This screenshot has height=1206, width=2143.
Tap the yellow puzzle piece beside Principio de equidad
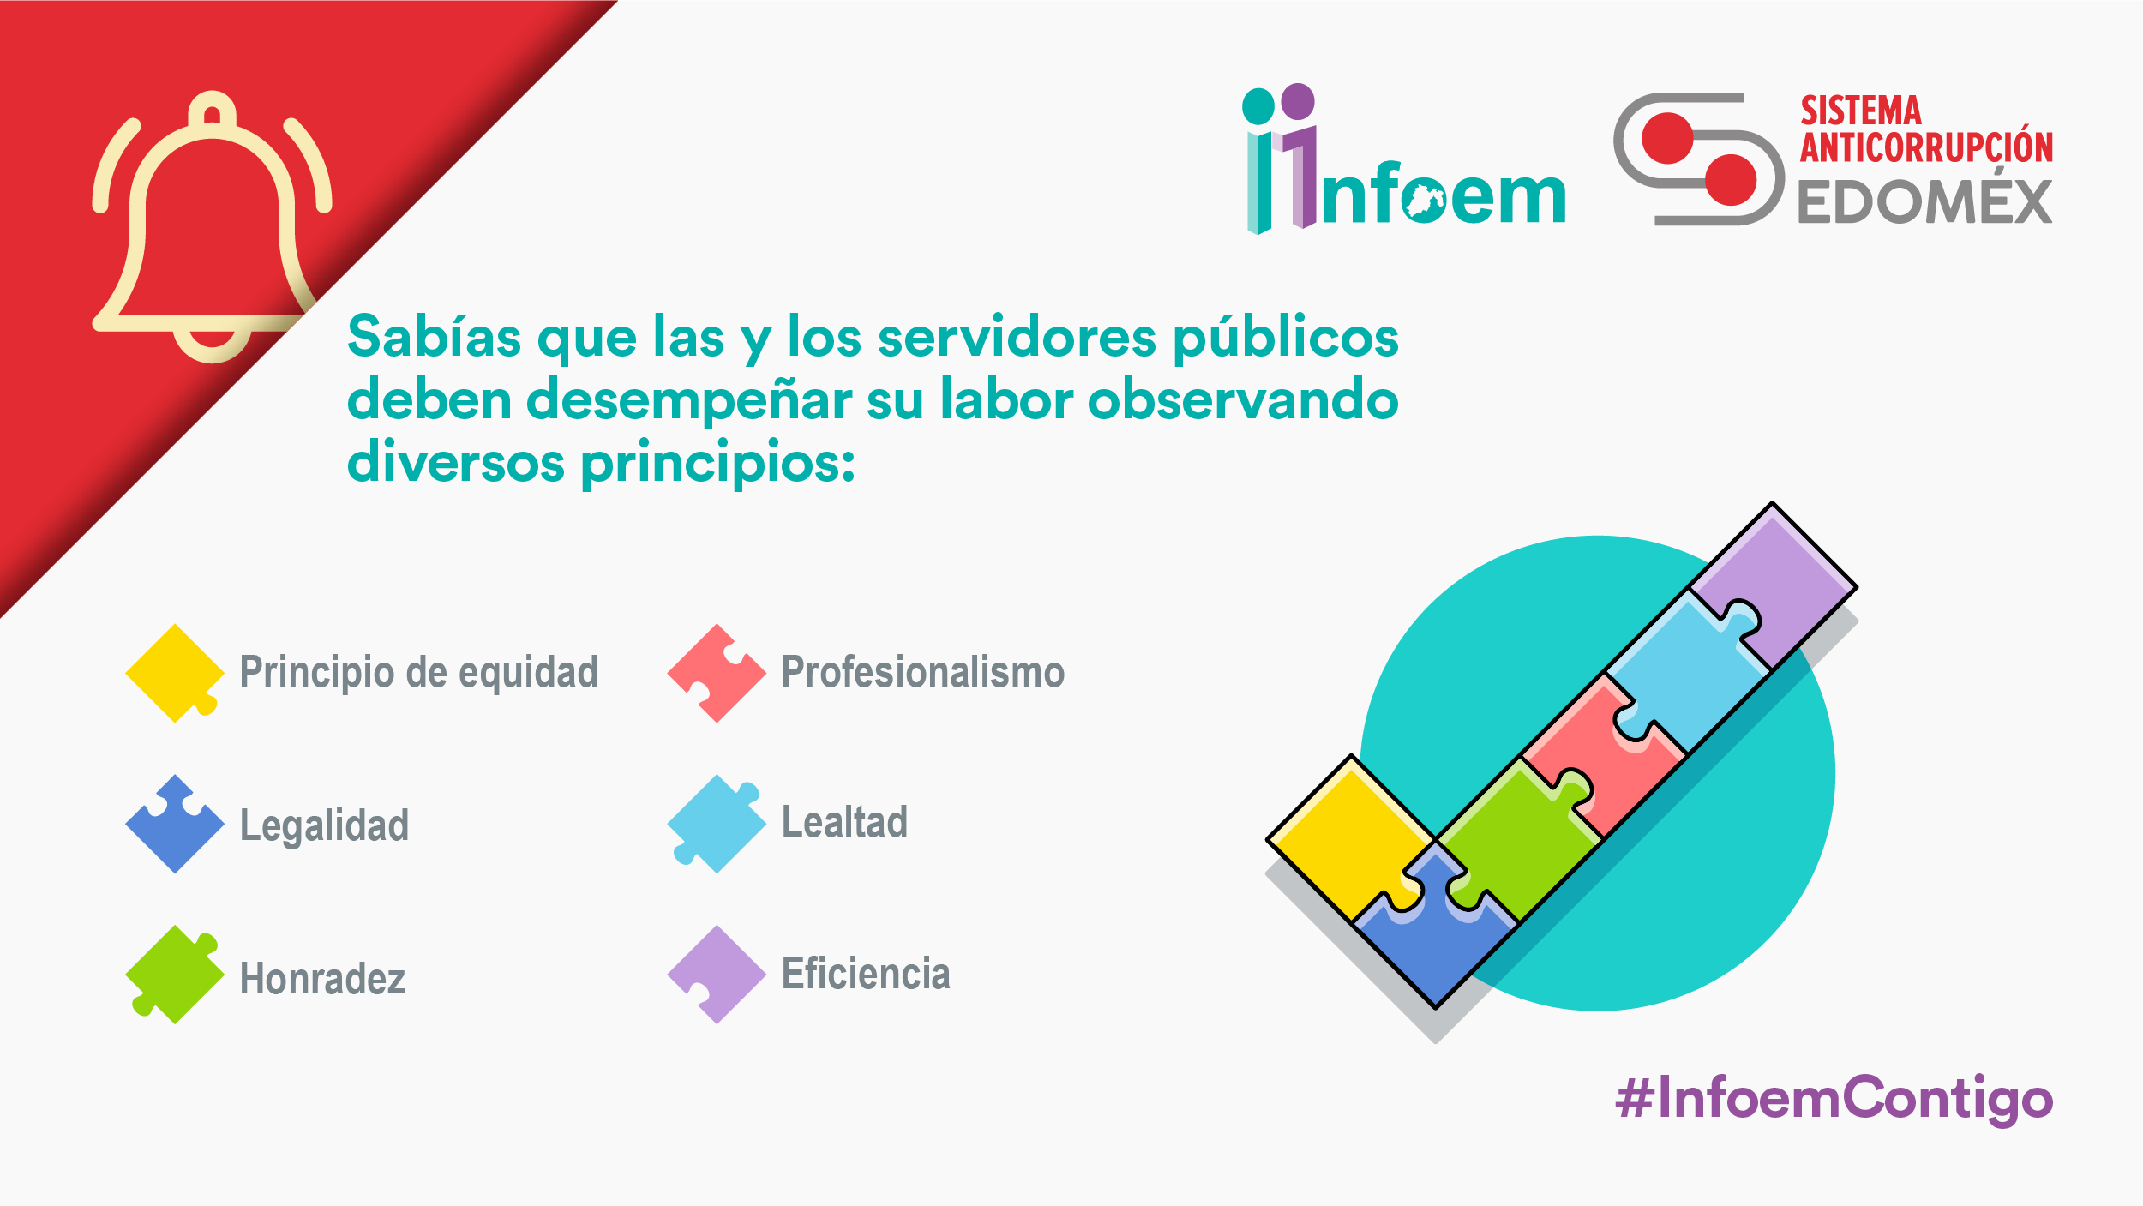tap(175, 673)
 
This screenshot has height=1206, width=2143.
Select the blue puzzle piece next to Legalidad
tap(175, 825)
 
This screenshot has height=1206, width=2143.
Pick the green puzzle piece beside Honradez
tap(175, 975)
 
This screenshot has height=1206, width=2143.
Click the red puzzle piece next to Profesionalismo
tap(717, 673)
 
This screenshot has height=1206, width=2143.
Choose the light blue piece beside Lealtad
tap(717, 825)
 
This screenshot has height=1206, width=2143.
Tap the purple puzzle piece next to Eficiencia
tap(717, 975)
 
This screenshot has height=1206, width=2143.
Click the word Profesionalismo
tap(923, 672)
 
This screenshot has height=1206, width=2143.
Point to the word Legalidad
tap(324, 826)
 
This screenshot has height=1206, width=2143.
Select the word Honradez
tap(322, 978)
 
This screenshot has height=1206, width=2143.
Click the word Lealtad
tap(844, 821)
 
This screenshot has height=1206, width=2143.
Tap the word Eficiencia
tap(866, 973)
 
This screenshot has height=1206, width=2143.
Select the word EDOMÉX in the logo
tap(1925, 201)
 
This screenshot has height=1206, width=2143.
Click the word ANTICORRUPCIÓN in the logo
tap(1926, 146)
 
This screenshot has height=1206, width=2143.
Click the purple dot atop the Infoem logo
tap(1297, 101)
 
